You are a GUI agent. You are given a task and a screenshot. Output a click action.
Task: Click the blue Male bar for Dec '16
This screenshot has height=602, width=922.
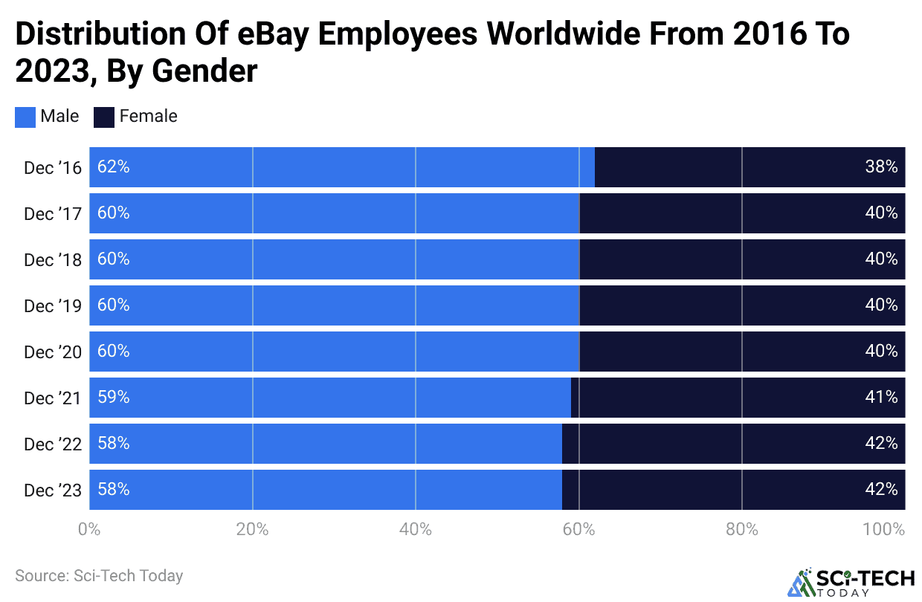click(x=342, y=167)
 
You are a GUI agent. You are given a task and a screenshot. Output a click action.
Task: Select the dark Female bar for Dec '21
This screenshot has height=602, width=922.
click(x=738, y=398)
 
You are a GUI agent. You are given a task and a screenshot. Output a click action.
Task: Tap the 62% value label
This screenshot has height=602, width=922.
click(x=114, y=167)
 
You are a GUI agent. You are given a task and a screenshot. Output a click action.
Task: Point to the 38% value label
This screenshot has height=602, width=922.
click(x=882, y=167)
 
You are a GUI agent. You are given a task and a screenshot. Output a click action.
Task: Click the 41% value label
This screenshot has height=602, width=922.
click(x=882, y=398)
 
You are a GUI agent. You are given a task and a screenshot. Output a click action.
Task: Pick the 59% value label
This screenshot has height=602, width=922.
click(x=114, y=398)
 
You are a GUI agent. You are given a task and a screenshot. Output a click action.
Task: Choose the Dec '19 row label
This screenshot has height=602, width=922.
click(x=51, y=305)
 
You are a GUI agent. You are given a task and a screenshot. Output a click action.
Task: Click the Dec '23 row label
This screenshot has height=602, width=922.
click(x=51, y=490)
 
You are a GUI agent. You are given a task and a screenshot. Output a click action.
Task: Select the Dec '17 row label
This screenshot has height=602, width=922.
click(x=51, y=213)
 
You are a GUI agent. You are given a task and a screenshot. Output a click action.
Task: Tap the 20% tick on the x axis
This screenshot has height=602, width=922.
click(x=252, y=529)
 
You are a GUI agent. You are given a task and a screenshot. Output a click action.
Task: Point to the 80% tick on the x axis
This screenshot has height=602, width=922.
click(x=741, y=529)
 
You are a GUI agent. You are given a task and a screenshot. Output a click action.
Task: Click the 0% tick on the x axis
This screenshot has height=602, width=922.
click(x=89, y=529)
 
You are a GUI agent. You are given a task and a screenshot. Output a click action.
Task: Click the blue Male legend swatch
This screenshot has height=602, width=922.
click(x=25, y=117)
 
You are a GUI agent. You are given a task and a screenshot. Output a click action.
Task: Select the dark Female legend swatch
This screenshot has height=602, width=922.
click(x=103, y=117)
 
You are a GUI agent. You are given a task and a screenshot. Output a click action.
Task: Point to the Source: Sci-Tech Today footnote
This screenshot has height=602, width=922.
click(x=99, y=575)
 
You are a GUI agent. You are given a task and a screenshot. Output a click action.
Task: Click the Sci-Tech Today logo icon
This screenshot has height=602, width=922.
click(x=802, y=583)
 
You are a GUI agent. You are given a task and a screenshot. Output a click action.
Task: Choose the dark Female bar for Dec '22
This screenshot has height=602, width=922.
click(x=733, y=444)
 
